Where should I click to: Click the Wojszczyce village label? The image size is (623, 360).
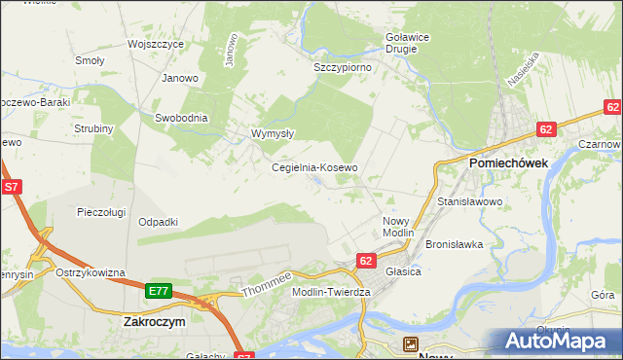click(156, 44)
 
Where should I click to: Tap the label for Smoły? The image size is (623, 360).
click(90, 60)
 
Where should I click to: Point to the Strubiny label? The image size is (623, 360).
click(94, 128)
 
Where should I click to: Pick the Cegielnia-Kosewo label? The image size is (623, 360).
click(314, 167)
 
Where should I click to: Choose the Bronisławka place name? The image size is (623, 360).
click(455, 244)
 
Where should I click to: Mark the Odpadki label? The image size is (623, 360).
click(158, 222)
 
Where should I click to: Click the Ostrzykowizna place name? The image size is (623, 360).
click(91, 272)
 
